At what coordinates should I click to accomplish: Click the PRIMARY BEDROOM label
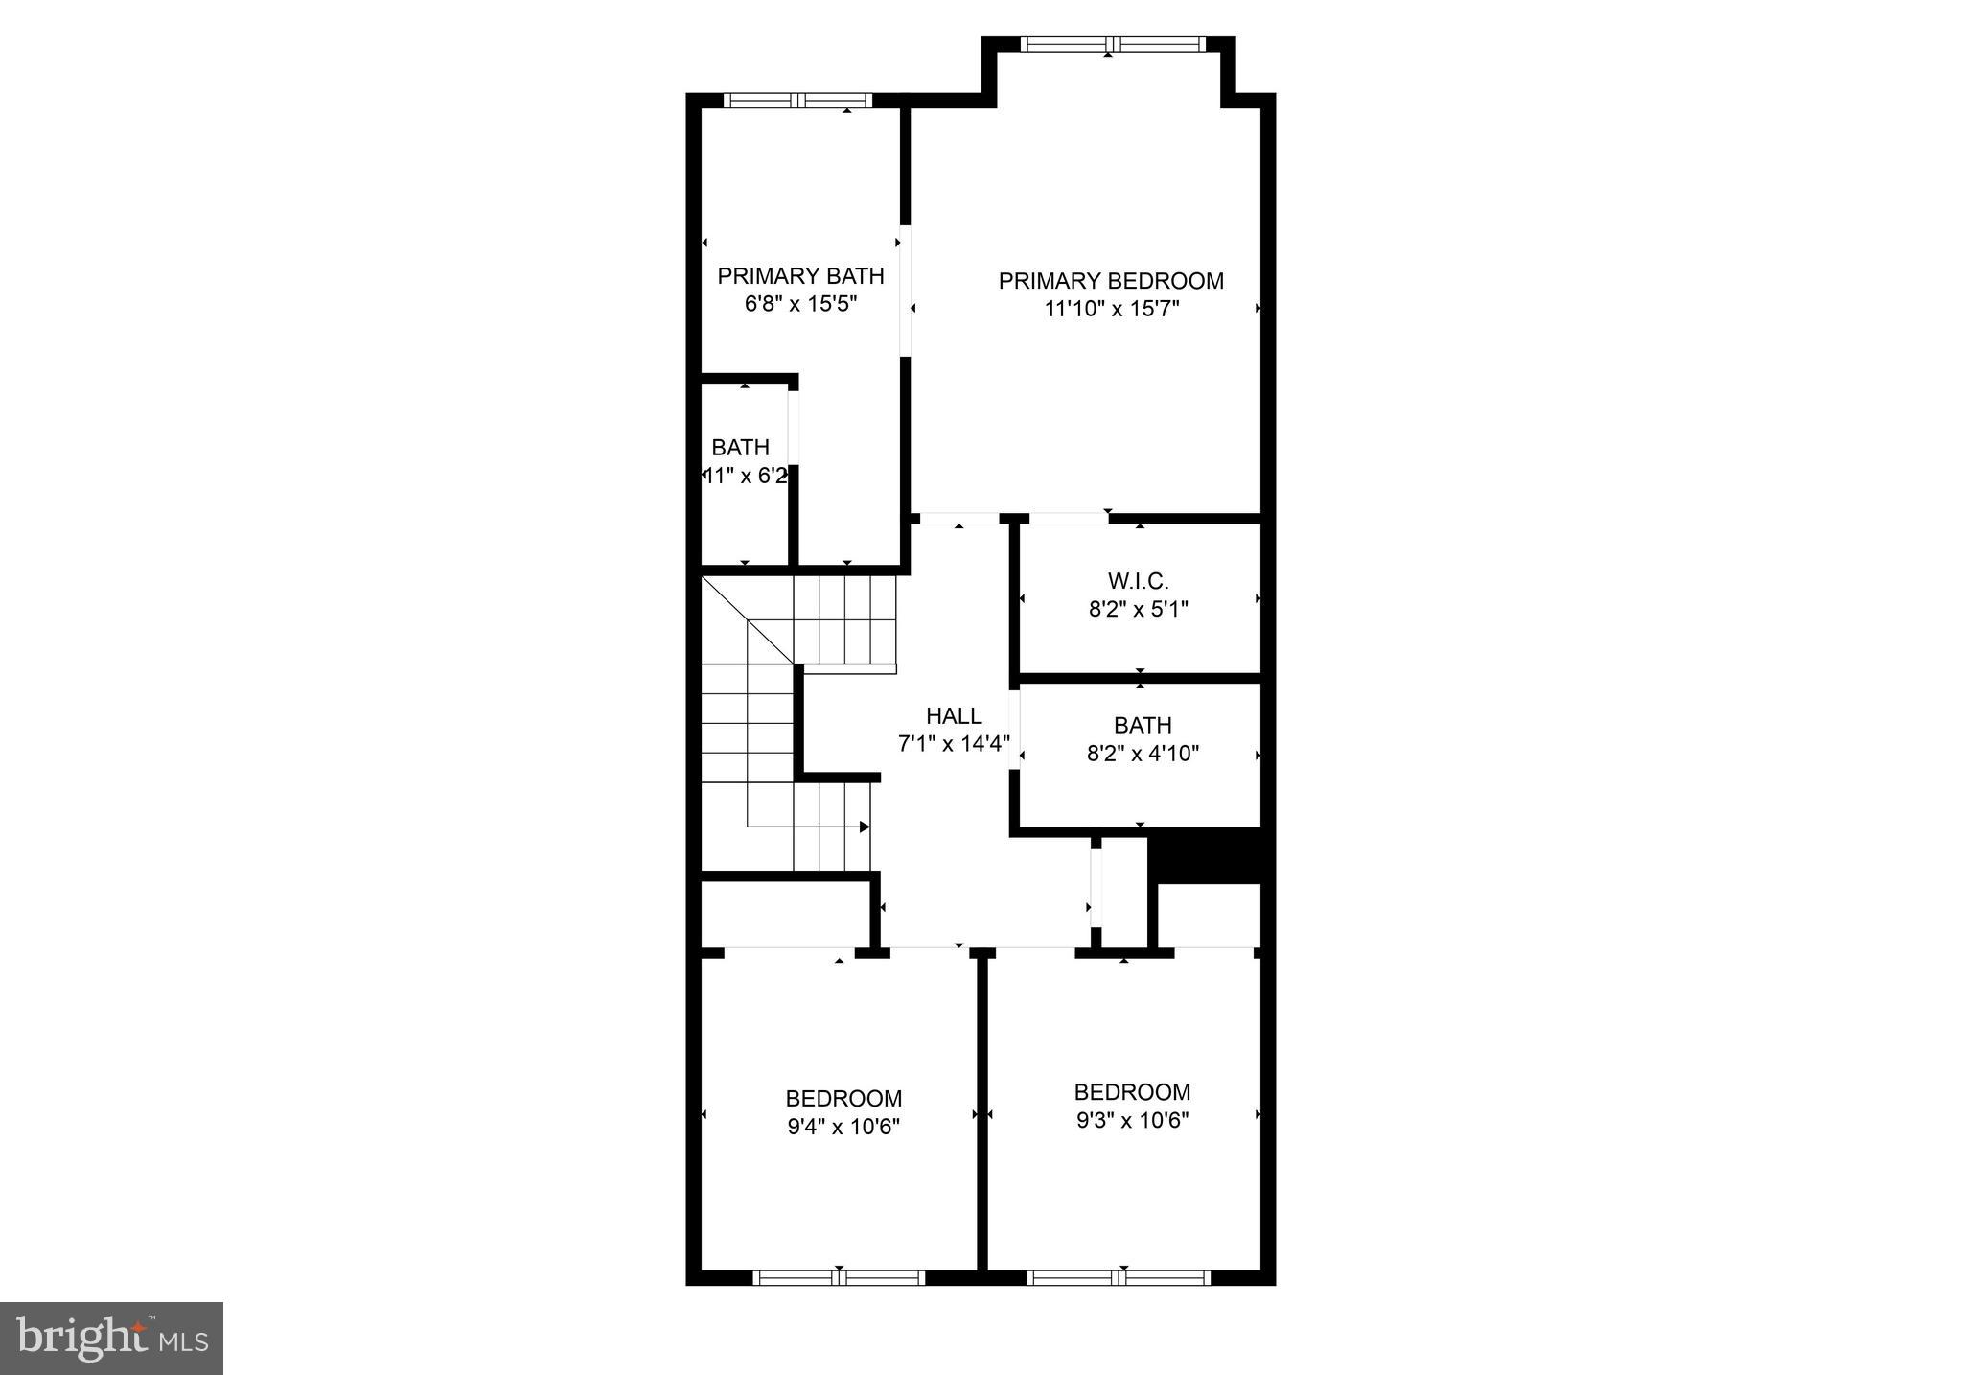[x=1111, y=281]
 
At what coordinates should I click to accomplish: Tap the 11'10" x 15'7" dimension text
[x=1111, y=309]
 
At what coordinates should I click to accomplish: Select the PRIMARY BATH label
[x=800, y=276]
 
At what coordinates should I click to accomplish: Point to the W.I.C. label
[x=1138, y=581]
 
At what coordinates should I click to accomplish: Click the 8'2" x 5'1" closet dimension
[x=1138, y=609]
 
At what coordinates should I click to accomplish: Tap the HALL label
[x=954, y=716]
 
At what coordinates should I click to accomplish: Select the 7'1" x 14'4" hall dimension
[x=954, y=744]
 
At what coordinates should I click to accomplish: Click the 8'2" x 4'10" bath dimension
[x=1143, y=754]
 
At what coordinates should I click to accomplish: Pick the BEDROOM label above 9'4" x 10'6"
[x=843, y=1099]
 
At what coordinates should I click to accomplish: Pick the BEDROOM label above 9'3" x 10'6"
[x=1132, y=1092]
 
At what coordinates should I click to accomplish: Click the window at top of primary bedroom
[x=1110, y=44]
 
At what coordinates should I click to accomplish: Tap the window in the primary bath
[x=797, y=101]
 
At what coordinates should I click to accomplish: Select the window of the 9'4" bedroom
[x=839, y=1277]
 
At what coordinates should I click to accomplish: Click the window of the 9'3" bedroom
[x=1119, y=1277]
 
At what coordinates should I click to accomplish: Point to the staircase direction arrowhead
[x=865, y=827]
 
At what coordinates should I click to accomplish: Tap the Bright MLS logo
[x=111, y=1339]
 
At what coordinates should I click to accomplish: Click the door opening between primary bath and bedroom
[x=905, y=291]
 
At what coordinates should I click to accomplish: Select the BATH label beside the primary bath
[x=740, y=448]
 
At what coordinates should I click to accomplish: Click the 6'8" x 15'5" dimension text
[x=800, y=305]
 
